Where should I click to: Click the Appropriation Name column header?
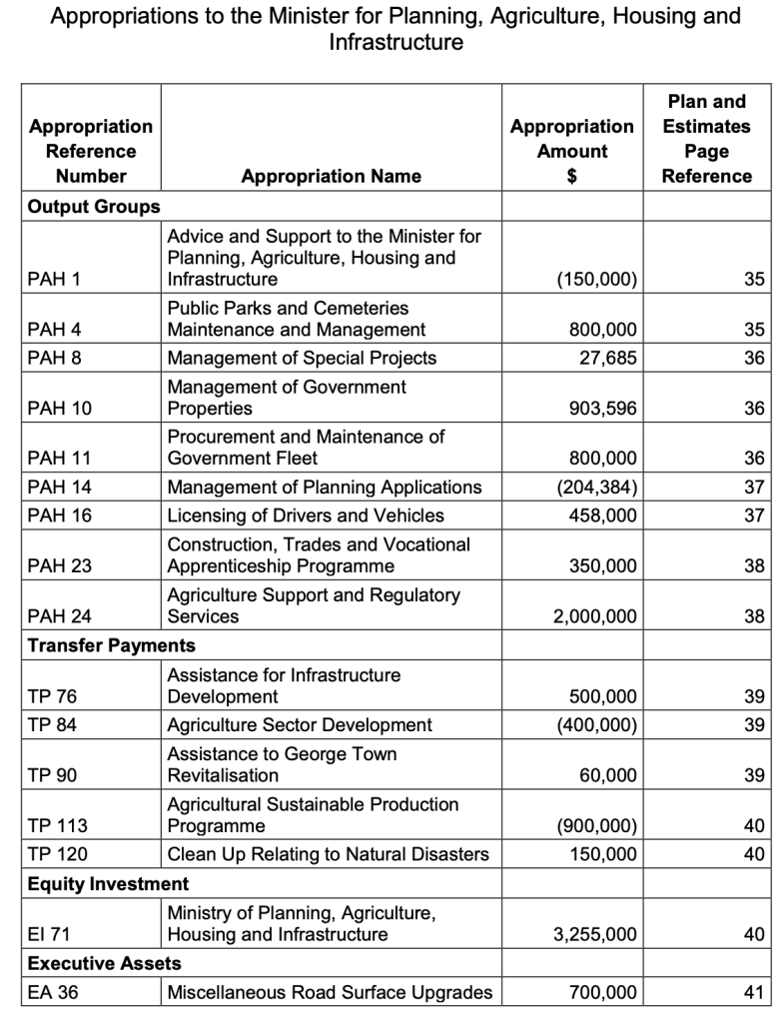point(331,176)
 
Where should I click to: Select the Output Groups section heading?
point(94,207)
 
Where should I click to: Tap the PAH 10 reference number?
point(60,409)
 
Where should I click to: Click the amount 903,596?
point(601,409)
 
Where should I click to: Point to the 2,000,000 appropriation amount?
point(594,616)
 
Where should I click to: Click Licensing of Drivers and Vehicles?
point(306,515)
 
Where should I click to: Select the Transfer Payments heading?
point(112,645)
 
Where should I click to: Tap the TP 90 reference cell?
point(52,775)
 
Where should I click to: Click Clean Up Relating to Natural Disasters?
point(328,854)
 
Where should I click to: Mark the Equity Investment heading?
point(108,884)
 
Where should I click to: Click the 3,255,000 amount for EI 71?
point(594,934)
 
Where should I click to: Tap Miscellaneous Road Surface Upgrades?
point(330,993)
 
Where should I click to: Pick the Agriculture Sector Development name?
point(300,725)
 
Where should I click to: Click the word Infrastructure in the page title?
point(395,43)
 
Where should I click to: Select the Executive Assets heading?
point(105,964)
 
